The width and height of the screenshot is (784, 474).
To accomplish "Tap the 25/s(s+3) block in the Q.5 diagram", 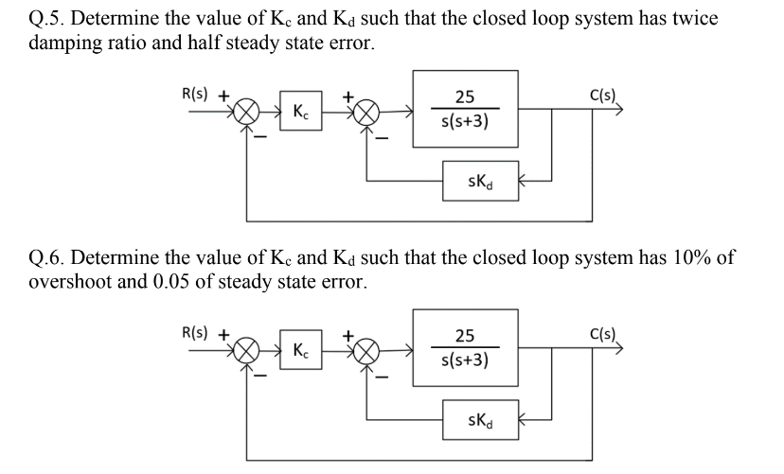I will point(464,109).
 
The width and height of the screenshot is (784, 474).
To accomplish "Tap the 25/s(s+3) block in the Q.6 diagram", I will point(464,347).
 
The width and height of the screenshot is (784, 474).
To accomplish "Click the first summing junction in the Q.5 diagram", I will point(248,113).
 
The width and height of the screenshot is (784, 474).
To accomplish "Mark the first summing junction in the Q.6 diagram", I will point(248,349).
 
